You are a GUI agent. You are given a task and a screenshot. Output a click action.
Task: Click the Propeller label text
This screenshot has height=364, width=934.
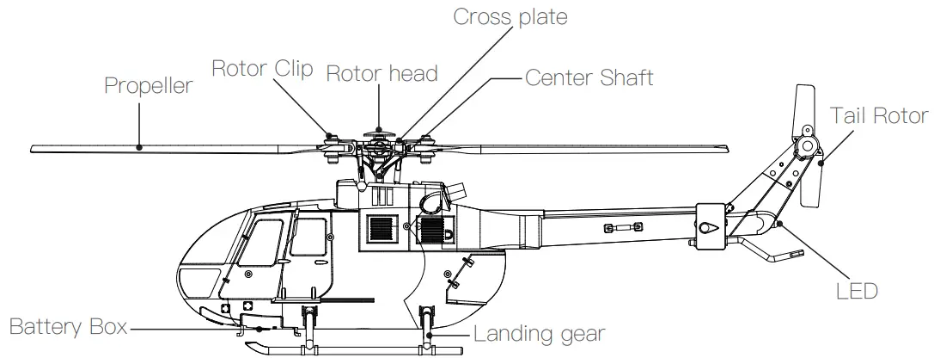point(148,86)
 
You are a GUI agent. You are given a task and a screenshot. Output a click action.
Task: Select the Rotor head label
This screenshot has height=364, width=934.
point(381,73)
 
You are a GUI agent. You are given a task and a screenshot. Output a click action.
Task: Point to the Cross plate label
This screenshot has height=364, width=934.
point(510,16)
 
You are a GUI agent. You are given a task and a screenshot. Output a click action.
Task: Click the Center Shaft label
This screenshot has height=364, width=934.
point(589,77)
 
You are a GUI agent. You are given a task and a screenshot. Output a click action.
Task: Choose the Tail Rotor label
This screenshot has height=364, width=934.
point(879,115)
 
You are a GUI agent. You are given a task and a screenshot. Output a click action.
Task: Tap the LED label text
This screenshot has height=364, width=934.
point(857,291)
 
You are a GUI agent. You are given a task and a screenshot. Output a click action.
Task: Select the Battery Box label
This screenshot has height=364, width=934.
point(68,327)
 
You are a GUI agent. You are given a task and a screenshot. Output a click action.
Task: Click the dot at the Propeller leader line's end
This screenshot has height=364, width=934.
point(140,147)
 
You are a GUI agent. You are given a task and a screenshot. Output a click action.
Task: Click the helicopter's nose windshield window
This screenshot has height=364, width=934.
point(199,280)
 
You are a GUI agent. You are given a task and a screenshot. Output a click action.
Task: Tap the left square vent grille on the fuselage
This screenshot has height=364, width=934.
point(381,226)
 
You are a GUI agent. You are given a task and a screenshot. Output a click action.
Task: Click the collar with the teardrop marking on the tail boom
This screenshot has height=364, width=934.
point(709,226)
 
